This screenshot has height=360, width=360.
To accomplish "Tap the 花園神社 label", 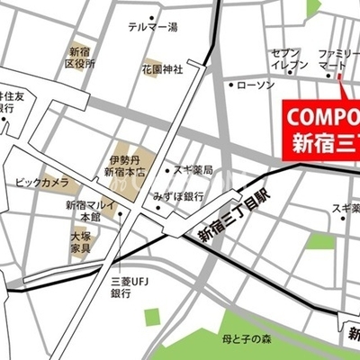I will pyautogui.click(x=163, y=67).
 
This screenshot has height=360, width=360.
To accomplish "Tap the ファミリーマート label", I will pyautogui.click(x=338, y=59).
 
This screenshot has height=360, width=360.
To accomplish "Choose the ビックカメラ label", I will pyautogui.click(x=41, y=184).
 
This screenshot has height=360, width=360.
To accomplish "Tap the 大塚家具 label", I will pyautogui.click(x=83, y=240).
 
